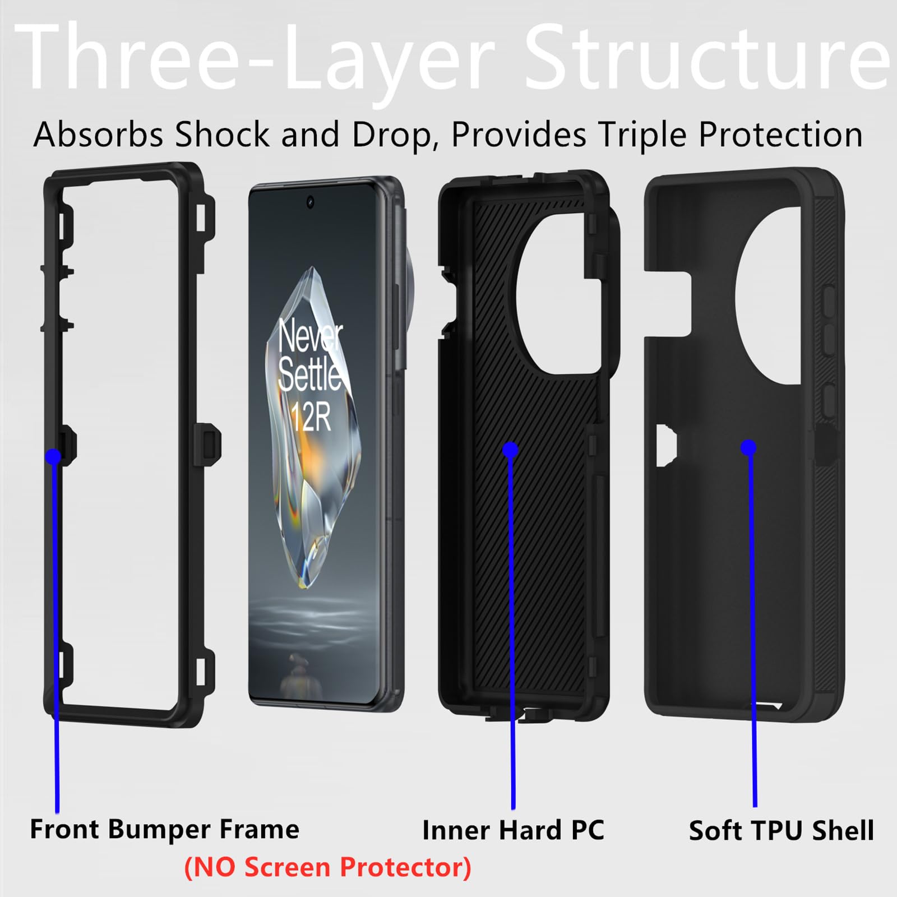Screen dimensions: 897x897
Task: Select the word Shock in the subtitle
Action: pyautogui.click(x=222, y=135)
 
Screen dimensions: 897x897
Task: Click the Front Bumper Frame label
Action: pyautogui.click(x=164, y=829)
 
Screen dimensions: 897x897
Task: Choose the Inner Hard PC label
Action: pyautogui.click(x=513, y=830)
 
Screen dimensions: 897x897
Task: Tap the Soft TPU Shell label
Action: pyautogui.click(x=781, y=831)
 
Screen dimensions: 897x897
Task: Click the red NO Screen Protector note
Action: pyautogui.click(x=328, y=867)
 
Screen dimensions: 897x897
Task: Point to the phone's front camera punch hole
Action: pyautogui.click(x=310, y=202)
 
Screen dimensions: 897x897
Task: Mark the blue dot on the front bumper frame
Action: pyautogui.click(x=53, y=456)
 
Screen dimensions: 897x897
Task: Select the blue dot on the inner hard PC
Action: pyautogui.click(x=510, y=449)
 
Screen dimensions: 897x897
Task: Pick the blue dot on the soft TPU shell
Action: pyautogui.click(x=748, y=447)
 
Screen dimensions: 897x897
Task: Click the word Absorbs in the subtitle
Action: pyautogui.click(x=98, y=135)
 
